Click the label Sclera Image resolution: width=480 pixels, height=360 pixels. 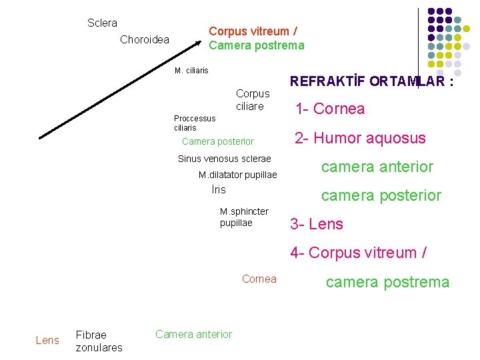[x=102, y=23]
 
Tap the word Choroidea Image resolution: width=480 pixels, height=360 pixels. [x=145, y=40]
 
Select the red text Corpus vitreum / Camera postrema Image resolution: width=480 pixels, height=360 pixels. [x=256, y=39]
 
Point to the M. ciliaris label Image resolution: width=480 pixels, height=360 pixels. [x=191, y=71]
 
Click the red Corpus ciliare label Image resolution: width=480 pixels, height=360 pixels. [x=253, y=100]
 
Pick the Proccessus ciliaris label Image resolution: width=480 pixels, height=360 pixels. [x=194, y=123]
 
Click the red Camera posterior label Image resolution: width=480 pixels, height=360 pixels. [x=217, y=142]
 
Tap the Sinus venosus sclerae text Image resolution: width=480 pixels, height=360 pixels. [x=224, y=159]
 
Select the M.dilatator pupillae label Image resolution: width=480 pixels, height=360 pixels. [x=237, y=175]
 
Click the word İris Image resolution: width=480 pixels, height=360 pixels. [x=218, y=190]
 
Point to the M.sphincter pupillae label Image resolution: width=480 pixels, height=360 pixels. [x=244, y=217]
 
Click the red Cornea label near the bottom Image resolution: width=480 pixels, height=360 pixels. [x=259, y=279]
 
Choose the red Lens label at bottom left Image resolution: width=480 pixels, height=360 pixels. [x=47, y=341]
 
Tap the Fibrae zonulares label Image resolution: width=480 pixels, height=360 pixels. [x=99, y=341]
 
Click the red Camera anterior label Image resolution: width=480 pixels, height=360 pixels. [x=193, y=335]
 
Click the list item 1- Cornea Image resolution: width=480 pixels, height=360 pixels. [x=329, y=109]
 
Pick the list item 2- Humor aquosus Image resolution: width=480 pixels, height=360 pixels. [x=360, y=138]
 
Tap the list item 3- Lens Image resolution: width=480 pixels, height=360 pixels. [x=317, y=224]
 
